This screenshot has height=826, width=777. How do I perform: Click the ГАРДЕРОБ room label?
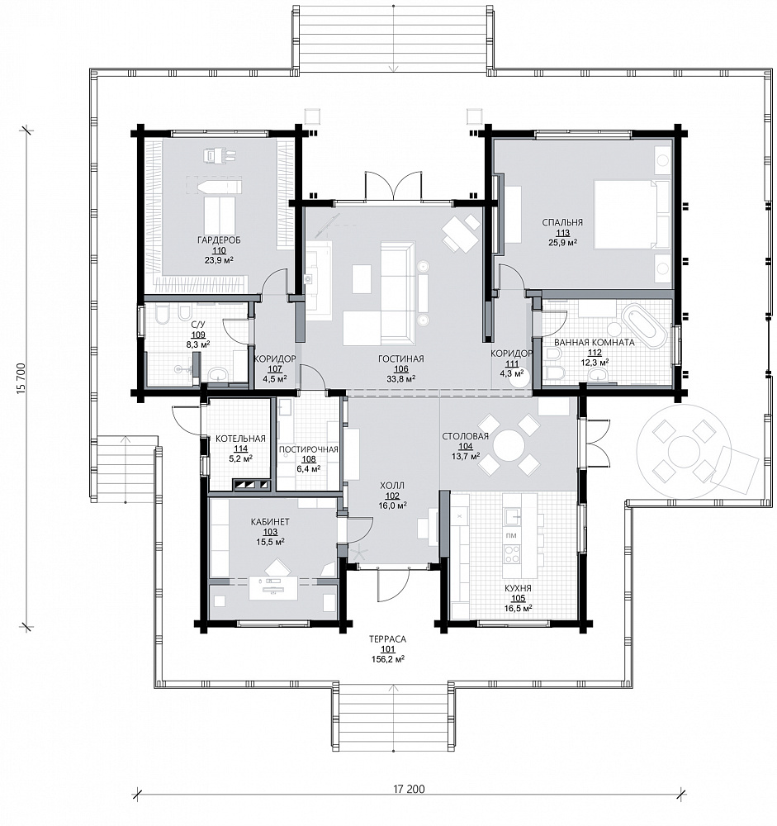tap(219, 240)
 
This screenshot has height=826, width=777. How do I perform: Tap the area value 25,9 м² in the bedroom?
tap(562, 243)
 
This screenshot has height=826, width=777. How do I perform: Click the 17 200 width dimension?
tap(408, 789)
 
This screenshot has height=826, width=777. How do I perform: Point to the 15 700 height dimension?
tap(21, 378)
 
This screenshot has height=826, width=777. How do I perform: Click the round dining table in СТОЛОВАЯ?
tap(509, 445)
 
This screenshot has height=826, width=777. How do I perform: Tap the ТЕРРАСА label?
tap(388, 639)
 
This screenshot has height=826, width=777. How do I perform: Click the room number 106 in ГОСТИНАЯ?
tap(400, 368)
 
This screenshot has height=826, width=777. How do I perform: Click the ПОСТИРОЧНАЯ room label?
tap(308, 449)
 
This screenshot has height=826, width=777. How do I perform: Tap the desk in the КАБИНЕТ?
tap(272, 587)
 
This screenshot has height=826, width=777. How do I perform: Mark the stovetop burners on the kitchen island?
tap(512, 553)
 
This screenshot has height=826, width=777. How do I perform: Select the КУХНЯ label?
tap(518, 588)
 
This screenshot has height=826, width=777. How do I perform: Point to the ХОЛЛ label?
tap(392, 485)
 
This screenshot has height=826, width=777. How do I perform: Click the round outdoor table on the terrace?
tap(683, 452)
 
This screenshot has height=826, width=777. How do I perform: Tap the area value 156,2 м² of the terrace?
tap(388, 659)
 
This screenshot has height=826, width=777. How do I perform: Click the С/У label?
tap(198, 325)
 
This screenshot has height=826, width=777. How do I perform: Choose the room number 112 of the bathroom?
tap(595, 353)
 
